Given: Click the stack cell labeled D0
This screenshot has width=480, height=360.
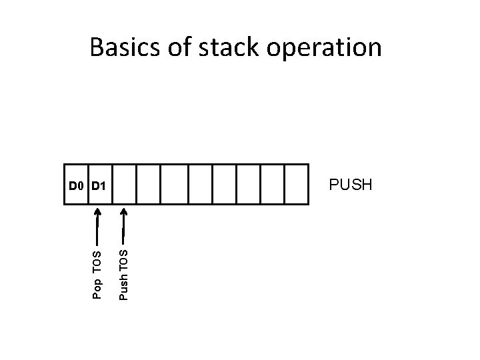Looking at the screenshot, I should pyautogui.click(x=77, y=184).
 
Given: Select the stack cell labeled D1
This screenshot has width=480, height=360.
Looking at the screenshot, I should pyautogui.click(x=100, y=184).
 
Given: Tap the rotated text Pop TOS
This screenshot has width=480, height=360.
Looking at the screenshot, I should pyautogui.click(x=97, y=274).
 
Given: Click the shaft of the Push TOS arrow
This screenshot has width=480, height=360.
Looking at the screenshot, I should pyautogui.click(x=123, y=230).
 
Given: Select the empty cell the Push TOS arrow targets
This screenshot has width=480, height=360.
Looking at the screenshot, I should pyautogui.click(x=124, y=184).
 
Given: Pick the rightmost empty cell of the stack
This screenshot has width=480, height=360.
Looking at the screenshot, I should pyautogui.click(x=297, y=184).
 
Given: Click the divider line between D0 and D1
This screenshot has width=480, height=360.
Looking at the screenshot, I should pyautogui.click(x=89, y=184).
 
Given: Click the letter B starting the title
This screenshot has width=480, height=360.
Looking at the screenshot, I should pyautogui.click(x=97, y=48).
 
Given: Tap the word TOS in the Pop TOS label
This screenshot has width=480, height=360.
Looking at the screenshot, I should pyautogui.click(x=97, y=261).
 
